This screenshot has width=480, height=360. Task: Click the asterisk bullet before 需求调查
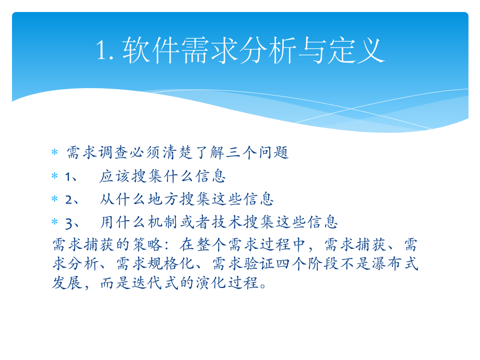tap(54, 153)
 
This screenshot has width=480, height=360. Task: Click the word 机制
tap(162, 222)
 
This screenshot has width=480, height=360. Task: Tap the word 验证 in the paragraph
tap(260, 263)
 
